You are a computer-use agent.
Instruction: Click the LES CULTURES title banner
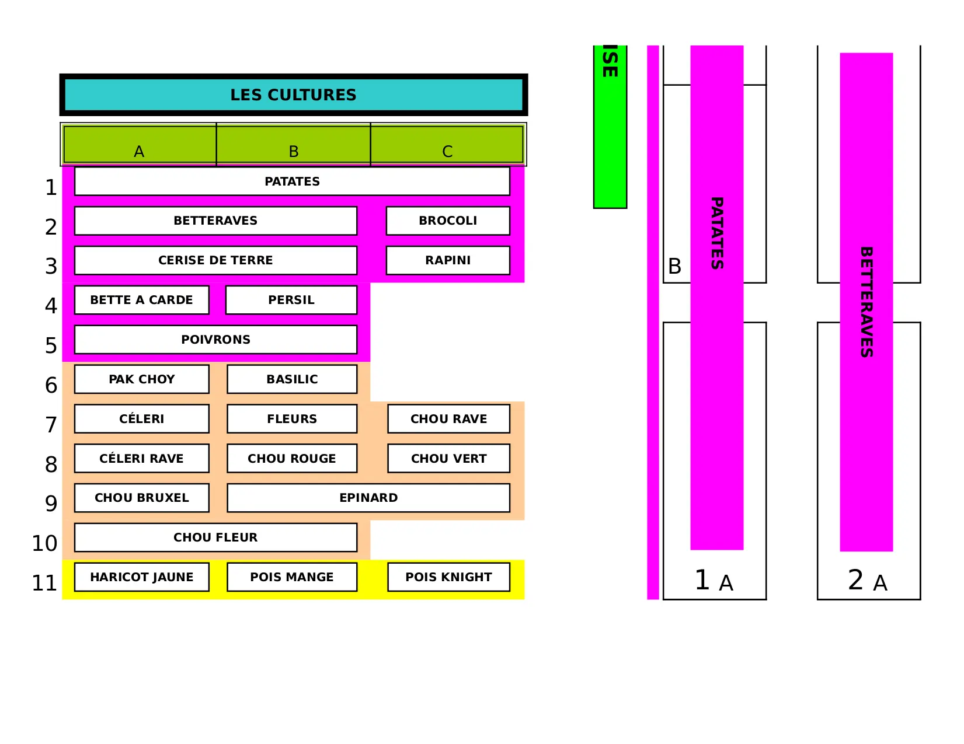293,95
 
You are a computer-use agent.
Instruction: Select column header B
293,151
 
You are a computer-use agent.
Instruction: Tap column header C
447,151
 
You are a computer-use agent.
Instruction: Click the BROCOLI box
448,221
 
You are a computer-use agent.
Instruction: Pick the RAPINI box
448,260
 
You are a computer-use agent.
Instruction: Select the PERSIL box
291,300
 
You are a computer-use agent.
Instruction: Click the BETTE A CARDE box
141,300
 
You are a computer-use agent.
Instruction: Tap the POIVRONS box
215,340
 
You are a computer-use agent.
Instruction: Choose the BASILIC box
292,379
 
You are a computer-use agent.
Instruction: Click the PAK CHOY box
141,379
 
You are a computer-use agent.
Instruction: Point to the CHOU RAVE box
448,419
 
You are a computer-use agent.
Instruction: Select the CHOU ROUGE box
292,459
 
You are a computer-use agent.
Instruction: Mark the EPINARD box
368,498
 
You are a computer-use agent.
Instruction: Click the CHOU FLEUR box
215,537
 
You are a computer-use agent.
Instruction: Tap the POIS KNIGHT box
448,577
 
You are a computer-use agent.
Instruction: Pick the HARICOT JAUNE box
141,577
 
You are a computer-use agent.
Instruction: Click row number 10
44,543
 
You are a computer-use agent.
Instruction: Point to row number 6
51,385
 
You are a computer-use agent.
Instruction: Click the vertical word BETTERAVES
866,302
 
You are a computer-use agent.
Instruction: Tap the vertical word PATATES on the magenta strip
717,233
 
